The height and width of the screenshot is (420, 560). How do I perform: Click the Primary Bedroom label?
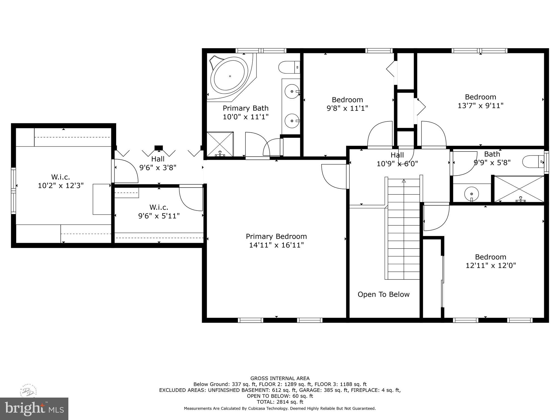(x=276, y=236)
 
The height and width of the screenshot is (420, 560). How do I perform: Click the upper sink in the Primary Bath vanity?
(x=292, y=91)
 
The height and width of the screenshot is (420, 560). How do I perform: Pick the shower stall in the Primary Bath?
(x=220, y=144)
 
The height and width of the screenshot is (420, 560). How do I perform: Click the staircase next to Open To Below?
(x=404, y=228)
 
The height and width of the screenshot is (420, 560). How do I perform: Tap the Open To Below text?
(x=383, y=294)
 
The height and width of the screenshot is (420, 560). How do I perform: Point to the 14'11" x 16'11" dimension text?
(x=276, y=245)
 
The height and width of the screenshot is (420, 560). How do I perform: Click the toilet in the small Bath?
(x=533, y=162)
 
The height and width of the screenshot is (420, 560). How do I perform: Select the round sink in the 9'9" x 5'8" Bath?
(x=471, y=194)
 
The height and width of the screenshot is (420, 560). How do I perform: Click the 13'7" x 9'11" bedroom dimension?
(x=480, y=106)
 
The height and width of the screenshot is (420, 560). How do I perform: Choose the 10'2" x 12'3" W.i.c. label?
(x=60, y=181)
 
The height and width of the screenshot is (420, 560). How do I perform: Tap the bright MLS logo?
(x=34, y=409)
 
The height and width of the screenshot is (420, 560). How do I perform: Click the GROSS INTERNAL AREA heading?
(x=280, y=378)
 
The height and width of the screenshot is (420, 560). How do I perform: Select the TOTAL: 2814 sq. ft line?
(x=280, y=402)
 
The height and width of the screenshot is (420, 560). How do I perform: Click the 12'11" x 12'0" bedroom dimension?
(x=491, y=266)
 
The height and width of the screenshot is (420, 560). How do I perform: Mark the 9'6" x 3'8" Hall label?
(x=158, y=163)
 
